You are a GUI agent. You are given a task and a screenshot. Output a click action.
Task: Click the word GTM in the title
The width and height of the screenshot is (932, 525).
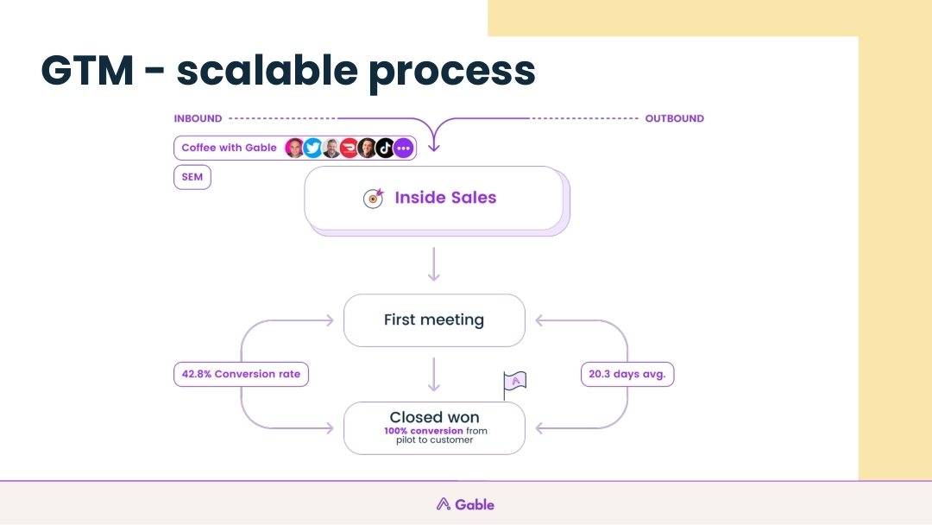tap(87, 70)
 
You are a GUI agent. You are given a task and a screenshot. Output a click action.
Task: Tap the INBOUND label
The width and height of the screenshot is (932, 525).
tap(198, 118)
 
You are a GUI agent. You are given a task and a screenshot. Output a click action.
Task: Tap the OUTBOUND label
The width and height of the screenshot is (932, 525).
tap(674, 118)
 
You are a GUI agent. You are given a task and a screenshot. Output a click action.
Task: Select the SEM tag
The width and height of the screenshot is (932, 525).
tap(192, 177)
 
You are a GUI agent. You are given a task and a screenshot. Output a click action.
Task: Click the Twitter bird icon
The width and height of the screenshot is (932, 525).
tap(312, 148)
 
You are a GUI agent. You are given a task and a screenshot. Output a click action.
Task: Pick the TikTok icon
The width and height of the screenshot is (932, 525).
tap(385, 148)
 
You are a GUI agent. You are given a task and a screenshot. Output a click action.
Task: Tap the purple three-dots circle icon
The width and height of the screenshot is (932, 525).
tap(403, 148)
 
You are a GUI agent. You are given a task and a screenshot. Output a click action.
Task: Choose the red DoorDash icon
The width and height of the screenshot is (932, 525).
tap(349, 148)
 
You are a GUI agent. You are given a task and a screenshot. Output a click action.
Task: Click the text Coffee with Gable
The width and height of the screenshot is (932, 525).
tap(229, 148)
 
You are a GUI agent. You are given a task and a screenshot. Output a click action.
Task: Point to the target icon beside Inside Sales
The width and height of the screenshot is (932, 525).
tap(373, 198)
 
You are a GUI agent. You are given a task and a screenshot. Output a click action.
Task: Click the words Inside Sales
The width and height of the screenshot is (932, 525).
tap(445, 198)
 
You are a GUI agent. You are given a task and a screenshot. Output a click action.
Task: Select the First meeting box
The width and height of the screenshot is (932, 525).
tap(434, 320)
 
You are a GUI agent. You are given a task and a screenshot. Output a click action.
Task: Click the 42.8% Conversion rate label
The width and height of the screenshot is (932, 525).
tap(241, 375)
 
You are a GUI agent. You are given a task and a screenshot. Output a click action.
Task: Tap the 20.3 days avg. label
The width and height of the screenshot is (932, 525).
tap(627, 375)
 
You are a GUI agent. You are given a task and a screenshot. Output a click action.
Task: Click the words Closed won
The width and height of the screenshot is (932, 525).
tap(434, 418)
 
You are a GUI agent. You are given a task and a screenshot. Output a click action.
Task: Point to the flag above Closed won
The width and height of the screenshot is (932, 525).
tap(515, 382)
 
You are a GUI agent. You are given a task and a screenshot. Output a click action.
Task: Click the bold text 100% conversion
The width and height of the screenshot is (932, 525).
tap(424, 431)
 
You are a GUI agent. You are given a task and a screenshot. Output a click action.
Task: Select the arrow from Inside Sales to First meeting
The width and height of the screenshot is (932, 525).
tap(434, 263)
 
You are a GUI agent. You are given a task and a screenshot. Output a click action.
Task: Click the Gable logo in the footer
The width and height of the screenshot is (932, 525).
tap(465, 504)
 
